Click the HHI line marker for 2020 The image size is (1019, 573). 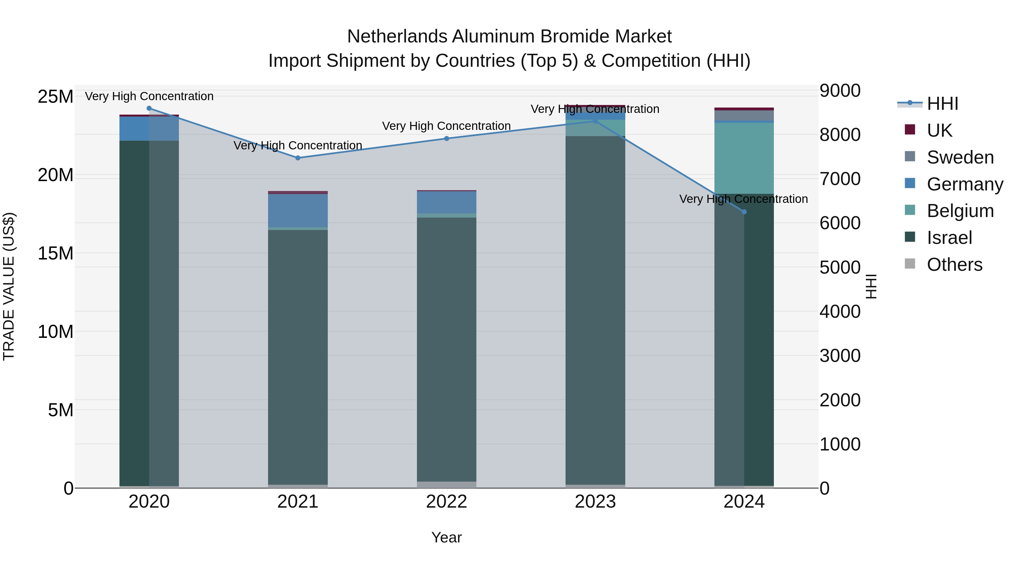point(149,108)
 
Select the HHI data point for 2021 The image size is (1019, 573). point(298,158)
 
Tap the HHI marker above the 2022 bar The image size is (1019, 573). point(447,138)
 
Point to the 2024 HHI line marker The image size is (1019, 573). point(744,212)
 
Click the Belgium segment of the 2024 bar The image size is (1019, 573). point(744,158)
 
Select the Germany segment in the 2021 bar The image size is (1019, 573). point(298,210)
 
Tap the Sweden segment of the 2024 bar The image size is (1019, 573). point(744,115)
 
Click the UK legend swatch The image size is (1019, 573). point(910,130)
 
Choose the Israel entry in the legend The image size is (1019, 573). point(949,238)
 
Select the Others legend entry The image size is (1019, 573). point(954,265)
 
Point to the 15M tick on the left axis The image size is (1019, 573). point(55,253)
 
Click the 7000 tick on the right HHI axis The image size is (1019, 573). point(840,179)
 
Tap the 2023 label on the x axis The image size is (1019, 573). point(595,502)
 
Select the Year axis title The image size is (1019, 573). point(447,537)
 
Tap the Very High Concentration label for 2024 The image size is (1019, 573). point(743,199)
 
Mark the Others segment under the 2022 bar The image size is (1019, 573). point(447,484)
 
